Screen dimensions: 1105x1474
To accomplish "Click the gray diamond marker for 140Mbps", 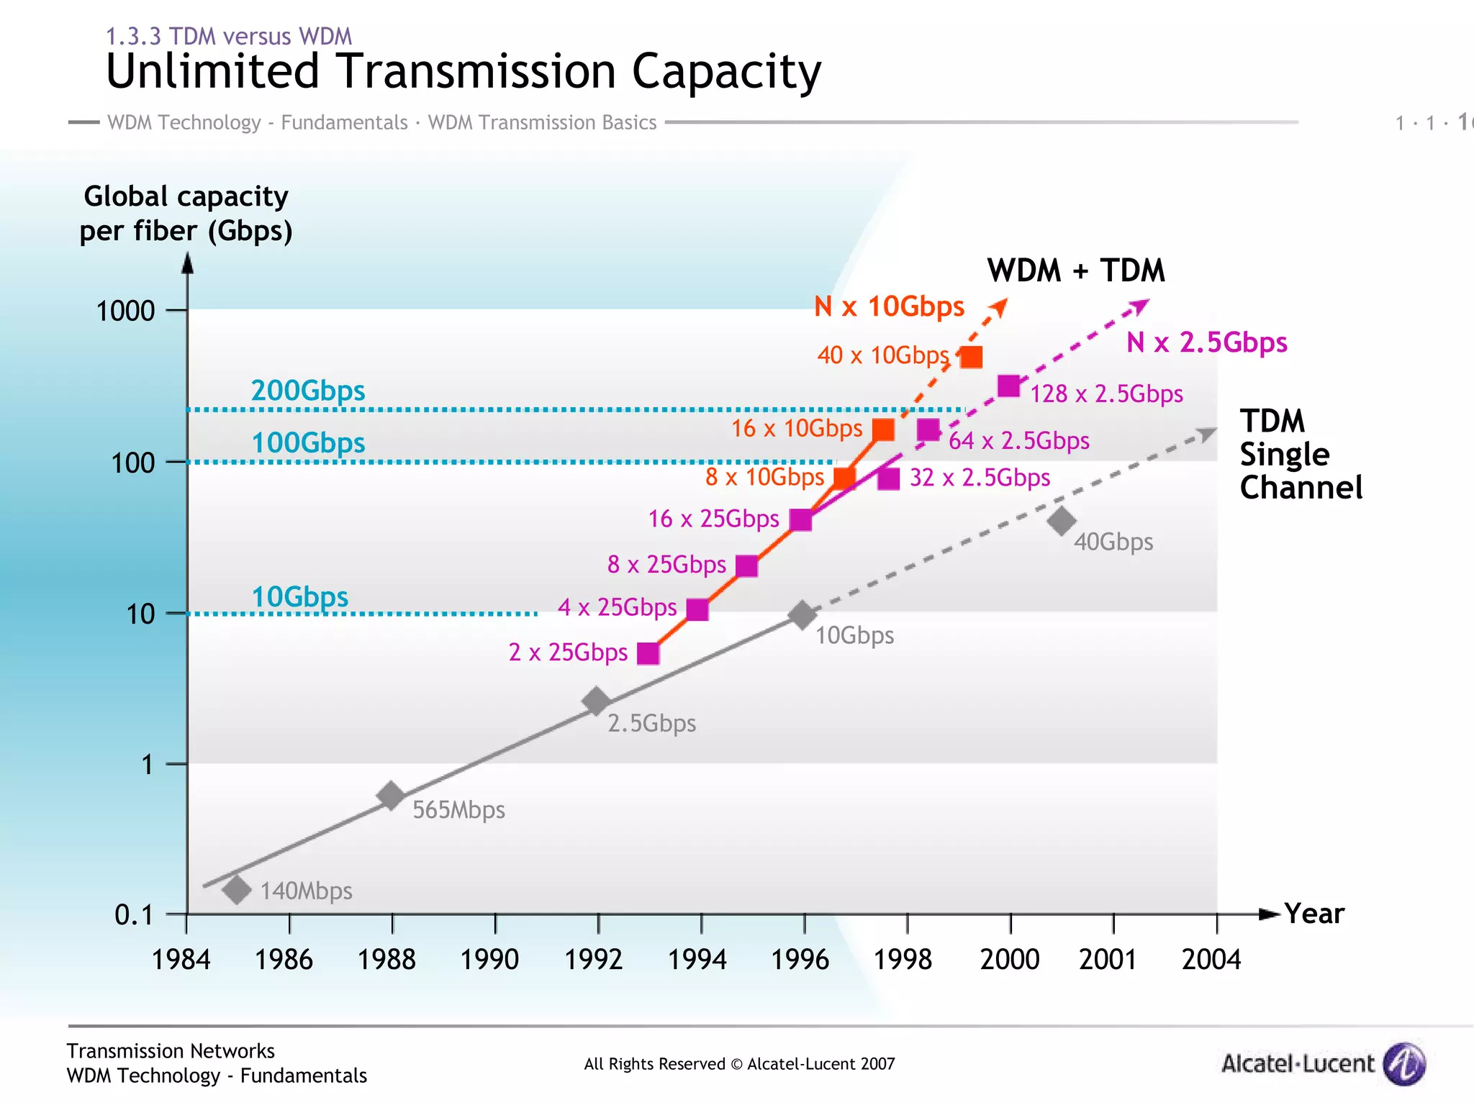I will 236,890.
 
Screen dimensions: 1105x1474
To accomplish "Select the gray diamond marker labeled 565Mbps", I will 391,796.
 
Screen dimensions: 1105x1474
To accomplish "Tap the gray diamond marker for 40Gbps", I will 1062,521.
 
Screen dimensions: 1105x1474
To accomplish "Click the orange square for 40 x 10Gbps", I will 971,357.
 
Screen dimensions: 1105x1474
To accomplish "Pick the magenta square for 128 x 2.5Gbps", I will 1009,386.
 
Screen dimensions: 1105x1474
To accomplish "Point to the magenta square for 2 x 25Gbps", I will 648,653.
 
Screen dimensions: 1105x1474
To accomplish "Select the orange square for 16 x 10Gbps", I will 883,430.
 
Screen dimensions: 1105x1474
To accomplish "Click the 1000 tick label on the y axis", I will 125,311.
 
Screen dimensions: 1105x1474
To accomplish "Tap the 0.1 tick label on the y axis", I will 134,915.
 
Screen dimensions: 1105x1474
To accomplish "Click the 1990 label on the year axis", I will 489,959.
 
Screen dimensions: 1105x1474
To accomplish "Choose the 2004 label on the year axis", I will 1211,959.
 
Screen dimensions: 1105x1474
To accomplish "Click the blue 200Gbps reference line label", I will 308,391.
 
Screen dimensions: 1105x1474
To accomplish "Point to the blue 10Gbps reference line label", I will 299,596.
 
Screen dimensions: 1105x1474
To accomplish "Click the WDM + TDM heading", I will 1075,270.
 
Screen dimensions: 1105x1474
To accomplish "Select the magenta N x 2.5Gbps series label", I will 1206,342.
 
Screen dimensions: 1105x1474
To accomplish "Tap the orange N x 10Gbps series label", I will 889,306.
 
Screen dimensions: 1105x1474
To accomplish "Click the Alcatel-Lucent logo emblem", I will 1404,1063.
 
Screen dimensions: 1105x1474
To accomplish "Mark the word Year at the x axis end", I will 1314,914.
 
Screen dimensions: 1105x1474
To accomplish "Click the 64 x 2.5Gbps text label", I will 1018,440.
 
